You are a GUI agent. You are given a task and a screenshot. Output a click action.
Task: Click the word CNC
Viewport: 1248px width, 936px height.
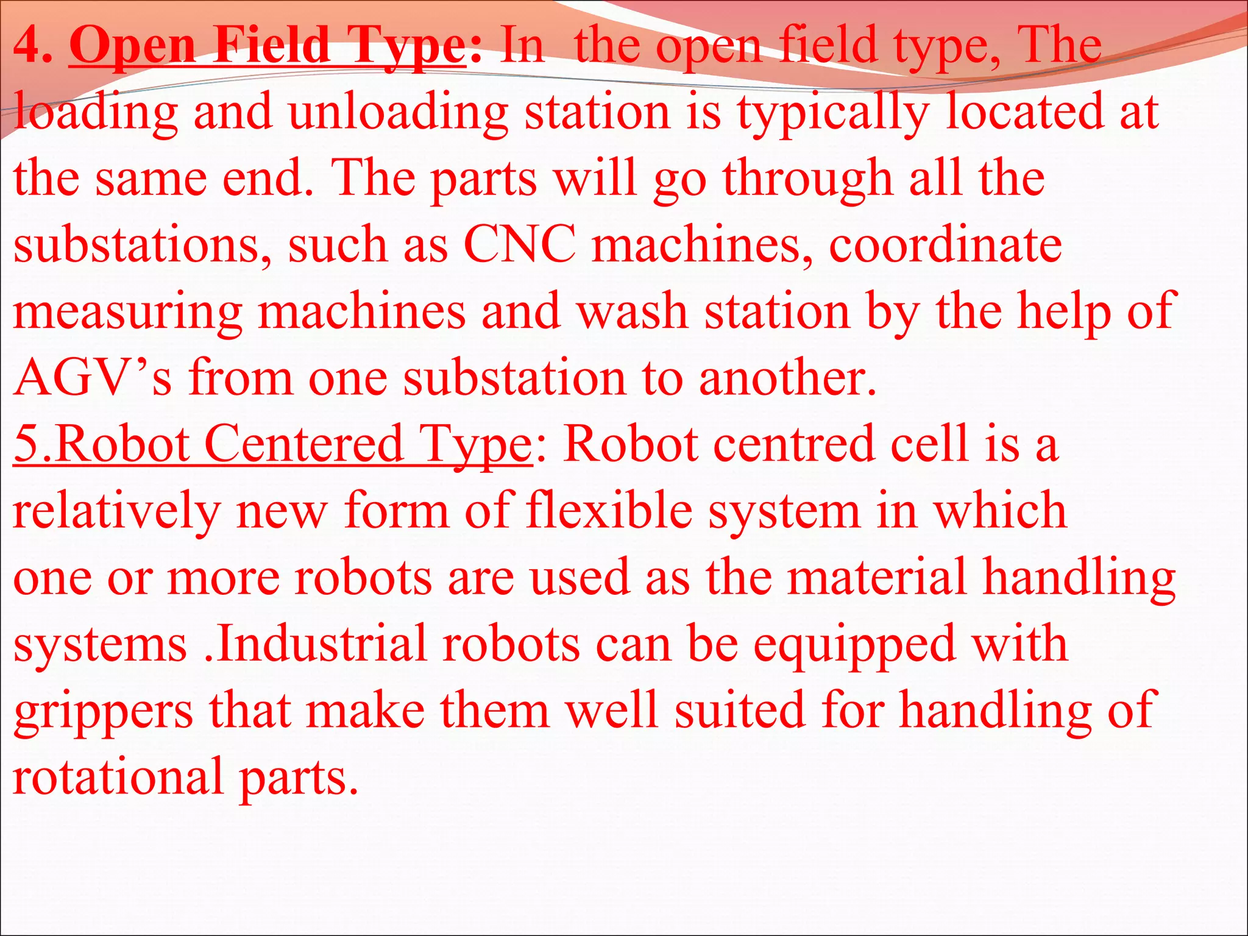click(x=519, y=245)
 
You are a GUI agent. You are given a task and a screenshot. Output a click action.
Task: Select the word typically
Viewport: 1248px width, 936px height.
click(x=832, y=113)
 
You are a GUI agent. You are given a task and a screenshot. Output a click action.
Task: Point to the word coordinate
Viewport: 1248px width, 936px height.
click(x=945, y=245)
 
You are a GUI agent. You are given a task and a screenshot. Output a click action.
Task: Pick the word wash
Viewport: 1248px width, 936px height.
click(x=632, y=311)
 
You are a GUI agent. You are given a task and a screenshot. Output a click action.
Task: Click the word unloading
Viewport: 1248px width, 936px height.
click(x=399, y=113)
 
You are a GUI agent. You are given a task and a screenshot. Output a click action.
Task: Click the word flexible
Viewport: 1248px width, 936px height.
click(x=609, y=510)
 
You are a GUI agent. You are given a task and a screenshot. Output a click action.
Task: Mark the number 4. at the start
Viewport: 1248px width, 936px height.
click(x=33, y=46)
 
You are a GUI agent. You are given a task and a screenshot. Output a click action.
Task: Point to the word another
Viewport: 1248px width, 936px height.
click(x=787, y=378)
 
